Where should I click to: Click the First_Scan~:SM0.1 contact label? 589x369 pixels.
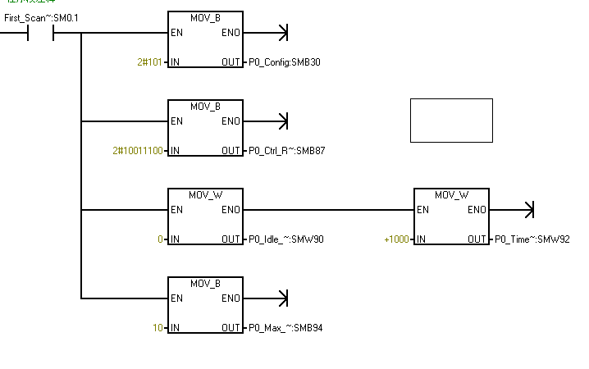point(41,17)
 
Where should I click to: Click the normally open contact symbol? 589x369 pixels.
point(41,34)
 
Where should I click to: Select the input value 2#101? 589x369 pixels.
point(150,62)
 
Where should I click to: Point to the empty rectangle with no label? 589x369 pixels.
point(451,121)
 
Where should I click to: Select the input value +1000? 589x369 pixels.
point(397,239)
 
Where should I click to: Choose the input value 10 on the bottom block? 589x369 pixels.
point(158,328)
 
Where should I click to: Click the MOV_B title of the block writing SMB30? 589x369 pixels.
point(205,17)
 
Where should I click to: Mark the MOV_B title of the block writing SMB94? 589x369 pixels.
point(205,284)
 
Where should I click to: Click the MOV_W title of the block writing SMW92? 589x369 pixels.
point(451,195)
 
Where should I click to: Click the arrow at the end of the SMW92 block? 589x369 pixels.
point(528,210)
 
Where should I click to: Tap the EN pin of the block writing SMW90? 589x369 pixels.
point(176,210)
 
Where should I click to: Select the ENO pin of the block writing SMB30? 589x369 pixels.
point(231,33)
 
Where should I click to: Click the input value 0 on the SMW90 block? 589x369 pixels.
point(162,239)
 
